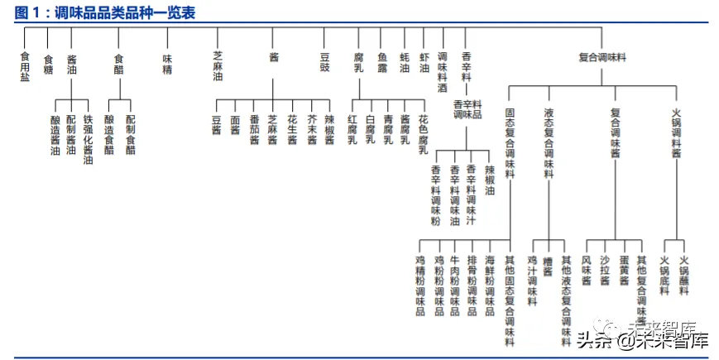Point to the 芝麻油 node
click(217, 66)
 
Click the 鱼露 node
click(382, 63)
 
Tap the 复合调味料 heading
click(602, 57)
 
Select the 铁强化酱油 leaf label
click(89, 139)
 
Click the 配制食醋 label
click(130, 134)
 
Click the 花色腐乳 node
click(423, 134)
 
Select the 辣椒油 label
click(490, 180)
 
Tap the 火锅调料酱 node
click(676, 132)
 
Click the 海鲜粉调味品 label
click(491, 286)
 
